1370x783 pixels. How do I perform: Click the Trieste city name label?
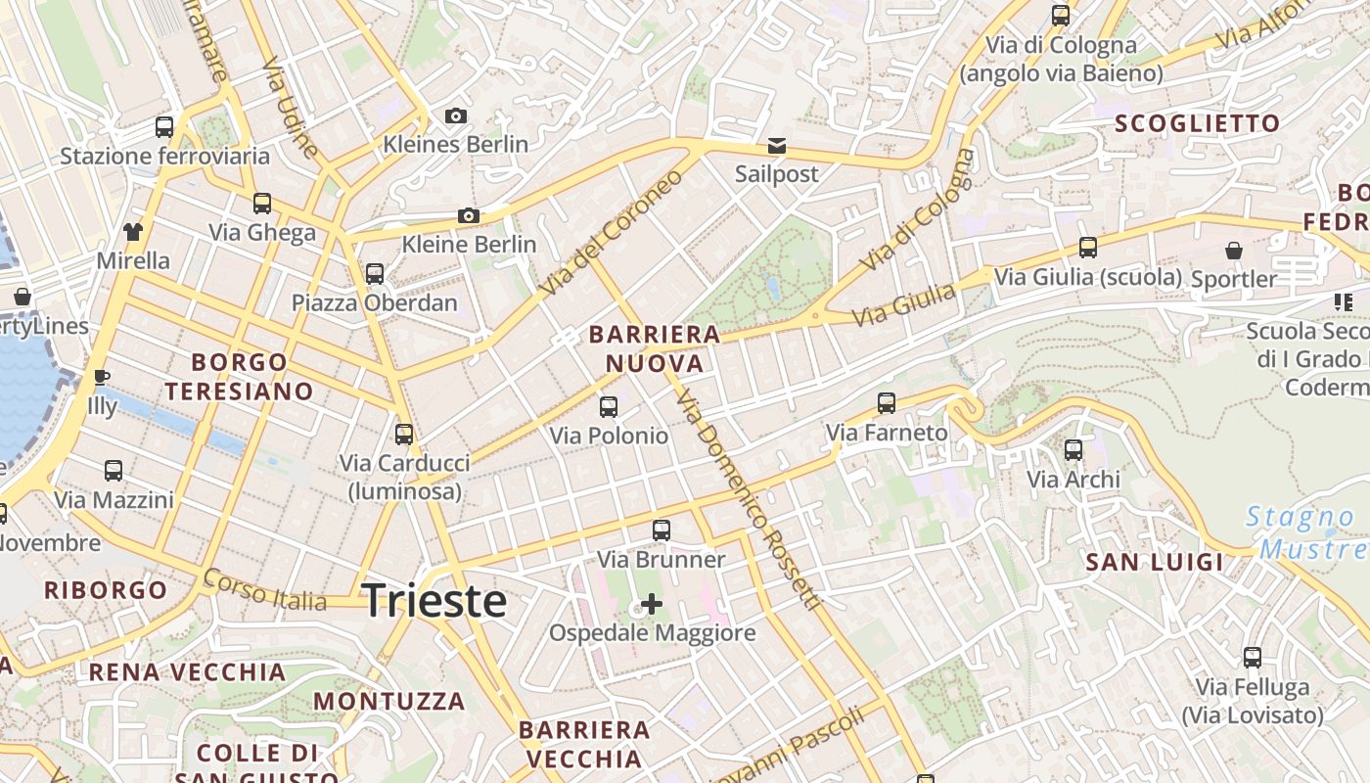tap(434, 600)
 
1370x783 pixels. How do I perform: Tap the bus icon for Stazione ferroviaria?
tap(164, 127)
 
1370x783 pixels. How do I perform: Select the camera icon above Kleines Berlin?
tap(455, 116)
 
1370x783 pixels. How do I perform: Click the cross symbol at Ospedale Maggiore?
tap(652, 604)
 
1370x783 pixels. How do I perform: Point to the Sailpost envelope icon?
tap(776, 146)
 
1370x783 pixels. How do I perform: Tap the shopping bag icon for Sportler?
tap(1234, 251)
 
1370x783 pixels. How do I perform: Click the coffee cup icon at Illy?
tap(102, 377)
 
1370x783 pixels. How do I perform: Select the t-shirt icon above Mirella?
tap(133, 232)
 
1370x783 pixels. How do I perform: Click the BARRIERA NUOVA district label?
tap(655, 349)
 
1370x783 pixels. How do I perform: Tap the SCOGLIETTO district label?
tap(1197, 123)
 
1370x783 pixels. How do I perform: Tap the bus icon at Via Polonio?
tap(609, 406)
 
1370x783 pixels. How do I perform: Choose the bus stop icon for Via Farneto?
tap(887, 402)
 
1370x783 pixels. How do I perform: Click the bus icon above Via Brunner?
tap(662, 530)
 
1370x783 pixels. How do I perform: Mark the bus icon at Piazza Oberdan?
tap(375, 274)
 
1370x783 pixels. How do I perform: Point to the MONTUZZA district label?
tap(389, 701)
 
